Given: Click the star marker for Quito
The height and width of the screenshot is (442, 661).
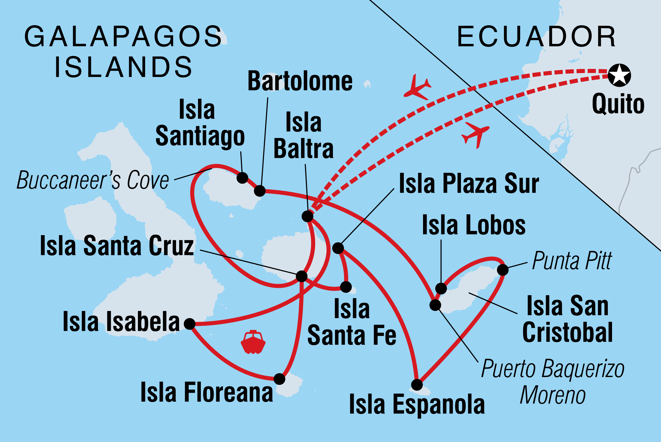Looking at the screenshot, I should click(619, 75).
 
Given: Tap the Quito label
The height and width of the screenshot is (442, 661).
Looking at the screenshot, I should click(618, 104).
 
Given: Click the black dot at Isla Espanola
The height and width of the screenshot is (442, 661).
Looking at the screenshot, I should click(417, 385).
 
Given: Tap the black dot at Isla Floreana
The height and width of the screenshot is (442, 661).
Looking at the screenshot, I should click(279, 379).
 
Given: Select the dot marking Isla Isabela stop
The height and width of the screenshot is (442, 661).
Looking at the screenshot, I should click(190, 324).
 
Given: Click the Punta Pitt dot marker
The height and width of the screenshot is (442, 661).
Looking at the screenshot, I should click(503, 270).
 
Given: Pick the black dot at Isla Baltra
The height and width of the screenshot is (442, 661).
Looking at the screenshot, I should click(307, 216).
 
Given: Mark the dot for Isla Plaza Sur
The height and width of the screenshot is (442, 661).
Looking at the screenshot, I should click(338, 248).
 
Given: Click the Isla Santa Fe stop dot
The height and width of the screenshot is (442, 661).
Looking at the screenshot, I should click(346, 287).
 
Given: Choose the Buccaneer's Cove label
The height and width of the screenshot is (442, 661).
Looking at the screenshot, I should click(93, 180).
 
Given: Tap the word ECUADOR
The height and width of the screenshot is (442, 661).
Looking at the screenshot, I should click(536, 37).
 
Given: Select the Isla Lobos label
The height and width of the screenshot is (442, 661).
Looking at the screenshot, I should click(474, 225).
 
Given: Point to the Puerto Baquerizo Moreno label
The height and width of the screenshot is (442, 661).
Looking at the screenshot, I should click(553, 382).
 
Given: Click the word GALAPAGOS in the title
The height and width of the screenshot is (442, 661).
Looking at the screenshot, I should click(123, 37).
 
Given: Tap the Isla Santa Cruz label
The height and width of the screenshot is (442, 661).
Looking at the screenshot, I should click(117, 246).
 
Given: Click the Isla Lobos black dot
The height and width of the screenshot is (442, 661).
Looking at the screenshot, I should click(441, 288).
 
